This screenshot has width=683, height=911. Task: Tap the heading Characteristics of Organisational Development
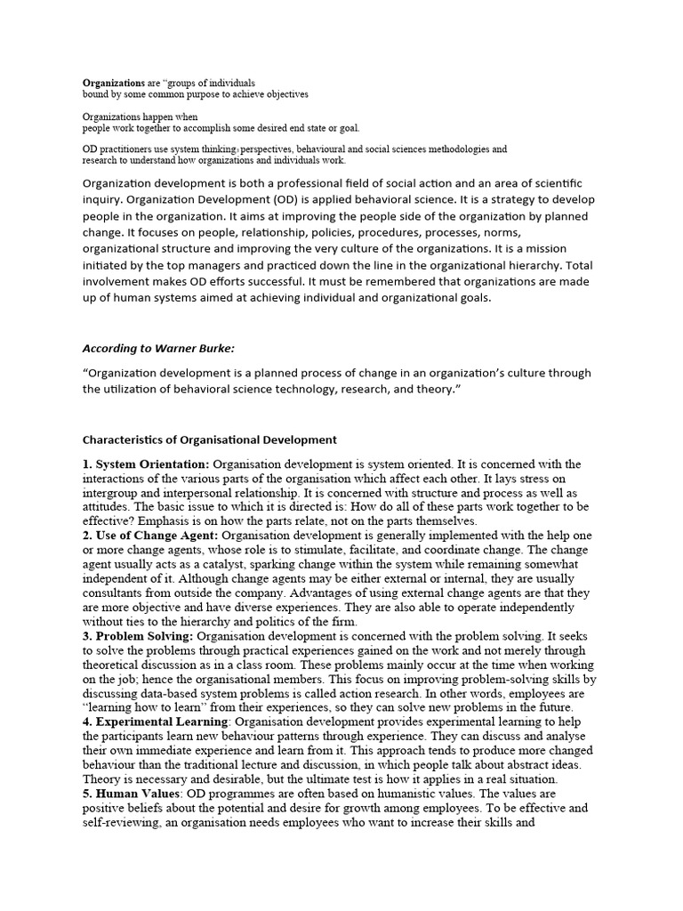(209, 439)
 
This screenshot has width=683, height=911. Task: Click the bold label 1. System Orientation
(146, 464)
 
